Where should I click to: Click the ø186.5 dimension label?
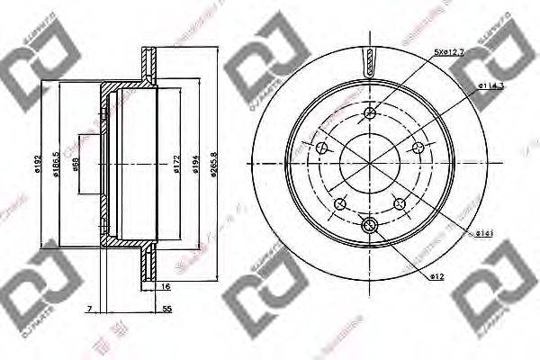[x=58, y=165]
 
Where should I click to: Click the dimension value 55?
[x=168, y=310]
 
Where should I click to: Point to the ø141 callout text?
[x=483, y=233]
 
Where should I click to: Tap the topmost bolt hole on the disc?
[x=371, y=113]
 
